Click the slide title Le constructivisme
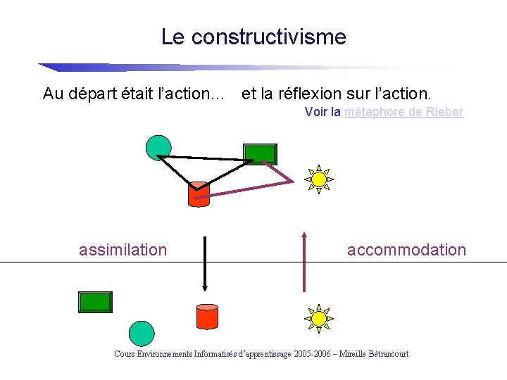click(254, 37)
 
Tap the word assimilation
click(123, 250)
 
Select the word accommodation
click(406, 250)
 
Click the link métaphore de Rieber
click(404, 112)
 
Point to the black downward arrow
click(204, 264)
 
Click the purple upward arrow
click(304, 260)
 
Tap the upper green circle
click(158, 147)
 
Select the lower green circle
click(142, 334)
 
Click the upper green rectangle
click(260, 153)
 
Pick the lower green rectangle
click(95, 302)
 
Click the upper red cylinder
click(199, 194)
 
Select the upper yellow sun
click(319, 179)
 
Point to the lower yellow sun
click(319, 318)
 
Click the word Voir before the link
click(315, 112)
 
